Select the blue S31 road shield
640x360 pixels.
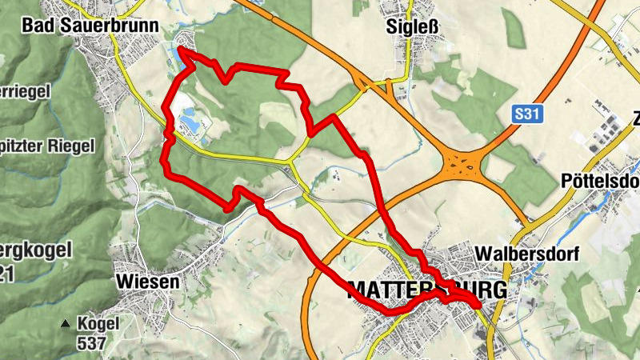coord(528,115)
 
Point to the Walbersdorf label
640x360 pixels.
coord(526,254)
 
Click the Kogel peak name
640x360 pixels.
coord(98,324)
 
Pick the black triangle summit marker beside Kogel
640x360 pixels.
coord(66,325)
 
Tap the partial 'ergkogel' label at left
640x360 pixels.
coord(35,250)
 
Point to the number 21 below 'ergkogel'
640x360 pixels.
coord(8,275)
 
